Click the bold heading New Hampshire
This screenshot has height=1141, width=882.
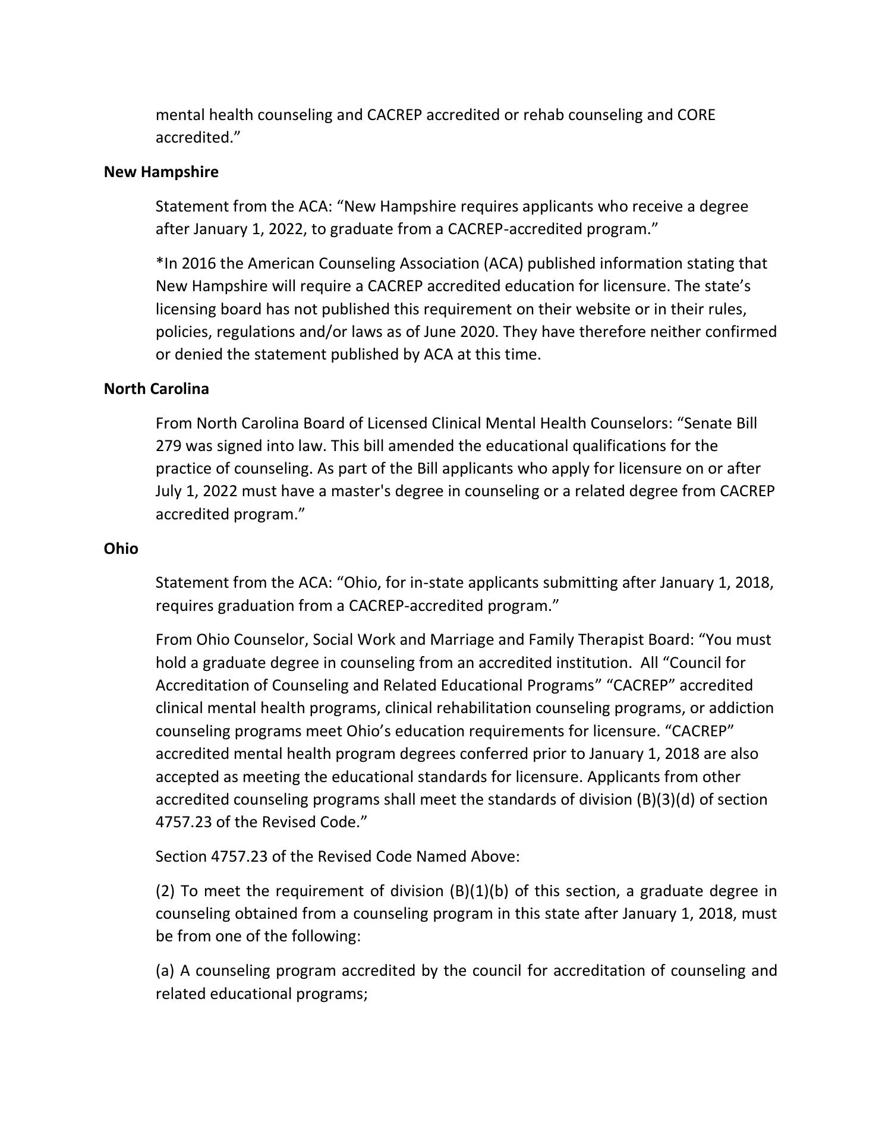click(161, 172)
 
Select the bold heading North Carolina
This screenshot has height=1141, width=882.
click(156, 389)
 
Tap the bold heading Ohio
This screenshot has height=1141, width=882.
click(121, 549)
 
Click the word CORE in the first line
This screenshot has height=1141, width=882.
click(696, 115)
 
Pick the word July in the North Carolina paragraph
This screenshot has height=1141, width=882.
click(168, 491)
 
